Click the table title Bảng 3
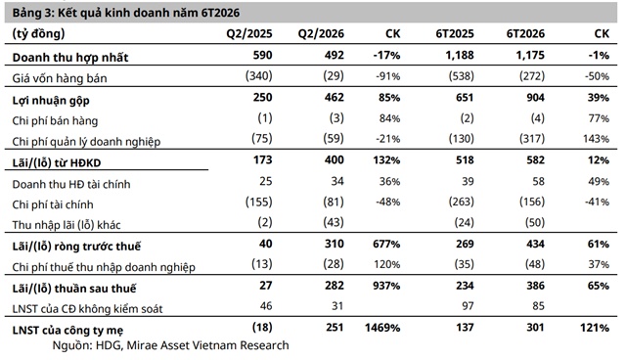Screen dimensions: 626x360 tap(33, 13)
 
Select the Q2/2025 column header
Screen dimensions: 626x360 tap(249, 33)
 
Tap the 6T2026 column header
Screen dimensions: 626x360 tap(525, 33)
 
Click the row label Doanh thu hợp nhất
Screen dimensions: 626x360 tap(70, 58)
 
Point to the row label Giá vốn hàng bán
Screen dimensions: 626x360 tap(60, 78)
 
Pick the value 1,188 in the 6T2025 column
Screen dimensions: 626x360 tap(460, 55)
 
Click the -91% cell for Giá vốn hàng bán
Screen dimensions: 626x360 tap(387, 76)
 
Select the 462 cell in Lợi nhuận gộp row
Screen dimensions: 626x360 tap(335, 98)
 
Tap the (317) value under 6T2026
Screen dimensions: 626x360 tap(532, 139)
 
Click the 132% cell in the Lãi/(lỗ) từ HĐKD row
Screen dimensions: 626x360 tap(386, 160)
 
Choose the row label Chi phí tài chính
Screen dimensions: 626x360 tap(53, 204)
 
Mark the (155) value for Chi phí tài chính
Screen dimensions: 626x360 tap(258, 202)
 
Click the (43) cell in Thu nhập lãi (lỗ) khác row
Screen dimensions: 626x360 tap(334, 222)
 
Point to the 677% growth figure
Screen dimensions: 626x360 tap(386, 244)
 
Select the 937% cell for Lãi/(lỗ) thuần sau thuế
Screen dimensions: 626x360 tap(386, 286)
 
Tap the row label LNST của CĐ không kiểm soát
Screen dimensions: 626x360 tap(87, 309)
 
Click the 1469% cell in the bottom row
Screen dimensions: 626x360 tap(382, 328)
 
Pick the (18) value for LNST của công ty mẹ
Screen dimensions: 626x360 tap(262, 328)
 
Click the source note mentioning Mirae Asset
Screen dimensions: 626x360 tap(171, 345)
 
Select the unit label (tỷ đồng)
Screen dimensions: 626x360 tap(38, 34)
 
